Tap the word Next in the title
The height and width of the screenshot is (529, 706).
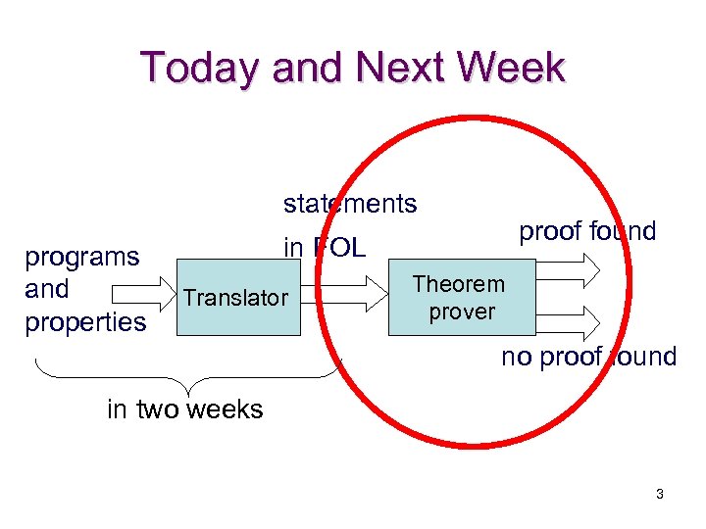point(398,68)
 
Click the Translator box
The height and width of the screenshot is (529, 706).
point(236,298)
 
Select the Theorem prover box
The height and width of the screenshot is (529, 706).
point(459,298)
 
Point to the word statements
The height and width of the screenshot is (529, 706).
point(350,204)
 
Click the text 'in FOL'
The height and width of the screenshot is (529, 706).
point(325,249)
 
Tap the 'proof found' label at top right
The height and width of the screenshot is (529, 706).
point(587,231)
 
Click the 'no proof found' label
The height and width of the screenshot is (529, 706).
point(588,357)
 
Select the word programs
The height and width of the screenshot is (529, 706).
point(82,257)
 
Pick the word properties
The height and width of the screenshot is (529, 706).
point(85,321)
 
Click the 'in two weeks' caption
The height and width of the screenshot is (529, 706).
point(185,409)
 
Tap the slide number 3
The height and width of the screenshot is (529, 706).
point(660,495)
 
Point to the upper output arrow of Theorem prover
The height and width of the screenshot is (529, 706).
point(569,270)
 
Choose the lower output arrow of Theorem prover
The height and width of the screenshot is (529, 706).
point(569,319)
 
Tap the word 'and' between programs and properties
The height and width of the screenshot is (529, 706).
point(47,289)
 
